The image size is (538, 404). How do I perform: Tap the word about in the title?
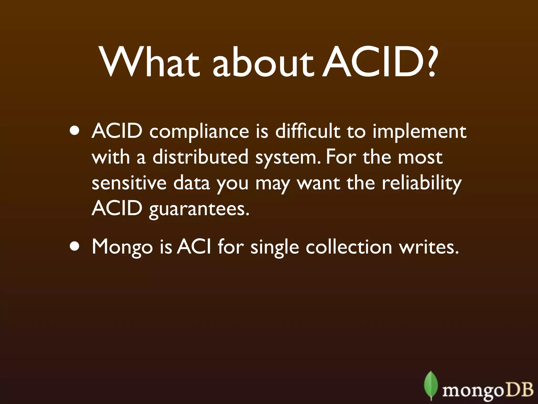click(x=263, y=63)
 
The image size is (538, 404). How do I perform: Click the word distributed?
click(x=200, y=157)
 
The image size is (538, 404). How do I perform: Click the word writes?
click(x=429, y=247)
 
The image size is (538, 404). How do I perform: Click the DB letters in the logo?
click(x=519, y=390)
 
